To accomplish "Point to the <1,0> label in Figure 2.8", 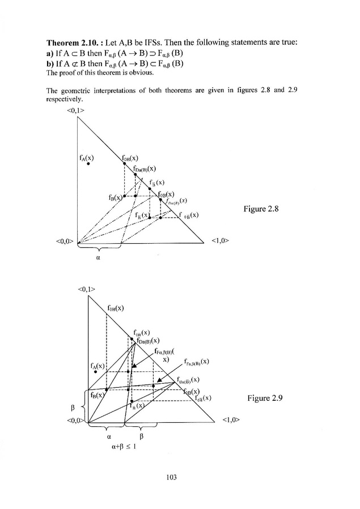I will [219, 241].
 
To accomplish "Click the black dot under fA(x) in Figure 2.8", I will [88, 163].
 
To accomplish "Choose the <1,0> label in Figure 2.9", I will [231, 421].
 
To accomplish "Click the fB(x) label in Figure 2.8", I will [115, 197].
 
